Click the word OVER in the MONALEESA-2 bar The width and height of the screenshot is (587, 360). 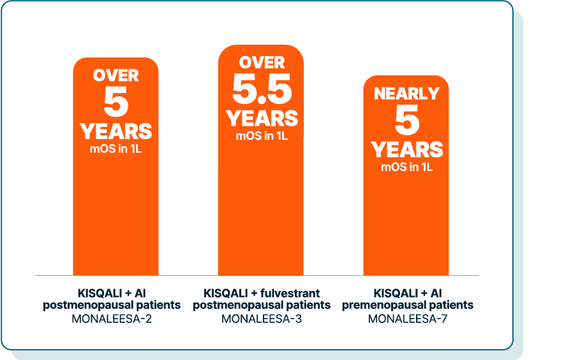point(115,75)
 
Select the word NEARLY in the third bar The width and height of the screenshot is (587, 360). point(406,94)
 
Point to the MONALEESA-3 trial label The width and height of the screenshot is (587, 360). point(261,317)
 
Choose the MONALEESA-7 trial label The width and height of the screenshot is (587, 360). point(407,317)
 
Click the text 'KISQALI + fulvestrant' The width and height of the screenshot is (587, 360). point(261,293)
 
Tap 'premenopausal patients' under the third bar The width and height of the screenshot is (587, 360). point(407,305)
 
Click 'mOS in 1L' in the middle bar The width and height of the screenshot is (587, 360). point(261,135)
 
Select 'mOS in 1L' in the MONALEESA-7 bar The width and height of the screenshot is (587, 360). point(406,167)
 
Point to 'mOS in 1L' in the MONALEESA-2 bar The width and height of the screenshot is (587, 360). point(115,149)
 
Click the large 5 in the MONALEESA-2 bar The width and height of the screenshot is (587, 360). point(115,102)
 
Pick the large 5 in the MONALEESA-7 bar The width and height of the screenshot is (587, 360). point(406,121)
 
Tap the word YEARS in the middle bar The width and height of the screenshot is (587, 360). point(262,118)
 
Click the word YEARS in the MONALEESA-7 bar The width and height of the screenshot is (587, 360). point(406,149)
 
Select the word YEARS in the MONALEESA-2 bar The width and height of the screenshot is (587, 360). point(115,131)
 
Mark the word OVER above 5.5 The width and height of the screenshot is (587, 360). point(262,63)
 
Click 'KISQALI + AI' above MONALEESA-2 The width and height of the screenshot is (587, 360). point(112,293)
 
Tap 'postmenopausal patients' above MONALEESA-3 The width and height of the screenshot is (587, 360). point(261,305)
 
